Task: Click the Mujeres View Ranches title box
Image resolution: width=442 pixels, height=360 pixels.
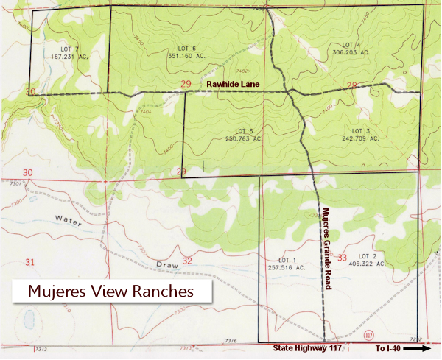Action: click(110, 291)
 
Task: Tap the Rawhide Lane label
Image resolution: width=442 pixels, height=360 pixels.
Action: click(233, 85)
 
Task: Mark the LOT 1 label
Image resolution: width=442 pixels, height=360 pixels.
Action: click(287, 260)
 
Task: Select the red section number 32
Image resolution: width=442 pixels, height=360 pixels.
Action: click(187, 261)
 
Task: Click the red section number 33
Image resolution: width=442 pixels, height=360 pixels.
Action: click(341, 258)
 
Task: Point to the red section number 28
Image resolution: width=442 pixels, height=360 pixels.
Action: click(351, 86)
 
